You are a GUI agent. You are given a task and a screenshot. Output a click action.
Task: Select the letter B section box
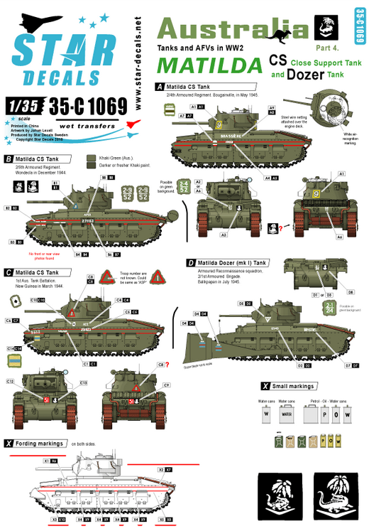coord(9,159)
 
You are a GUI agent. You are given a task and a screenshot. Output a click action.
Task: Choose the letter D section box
coord(190,263)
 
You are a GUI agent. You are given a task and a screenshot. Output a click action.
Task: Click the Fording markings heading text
coord(42,444)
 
